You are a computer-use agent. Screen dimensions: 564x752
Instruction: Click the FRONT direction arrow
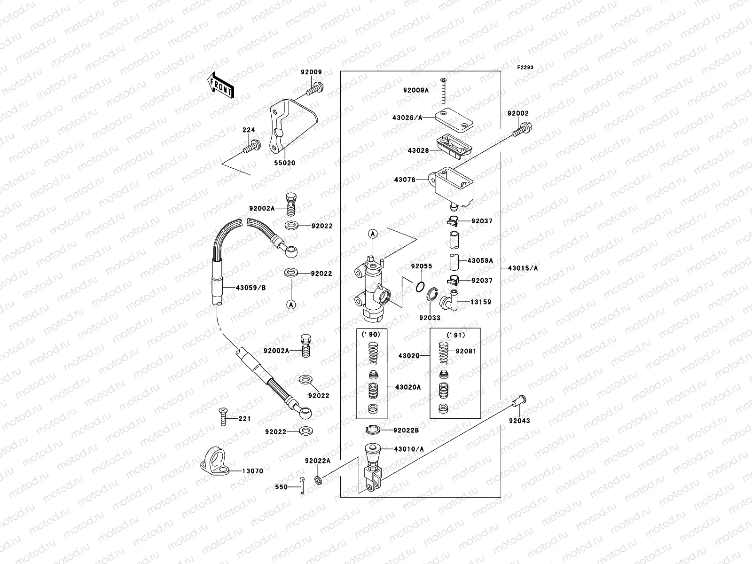pos(220,86)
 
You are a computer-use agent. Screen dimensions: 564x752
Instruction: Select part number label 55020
pos(285,163)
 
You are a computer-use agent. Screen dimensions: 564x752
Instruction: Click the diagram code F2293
pos(526,68)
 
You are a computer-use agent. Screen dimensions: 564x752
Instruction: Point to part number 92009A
pos(415,90)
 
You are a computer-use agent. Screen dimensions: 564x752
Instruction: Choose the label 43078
pos(404,180)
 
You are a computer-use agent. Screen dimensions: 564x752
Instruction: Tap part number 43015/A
pos(523,268)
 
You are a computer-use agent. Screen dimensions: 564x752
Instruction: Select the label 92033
pos(430,318)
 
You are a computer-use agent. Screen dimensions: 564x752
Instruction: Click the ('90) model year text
pos(371,334)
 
